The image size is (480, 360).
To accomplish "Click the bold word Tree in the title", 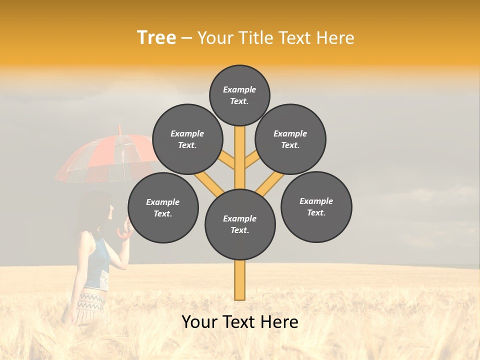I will point(156,37).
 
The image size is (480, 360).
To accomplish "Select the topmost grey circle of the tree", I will point(239,95).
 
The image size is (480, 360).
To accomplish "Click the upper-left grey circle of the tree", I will point(187,139).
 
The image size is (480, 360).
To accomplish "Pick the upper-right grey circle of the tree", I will point(290,139).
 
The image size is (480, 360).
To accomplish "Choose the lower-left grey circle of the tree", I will point(163,207).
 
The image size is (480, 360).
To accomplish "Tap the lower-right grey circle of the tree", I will point(316,206).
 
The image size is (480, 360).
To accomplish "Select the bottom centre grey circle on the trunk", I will point(240,224).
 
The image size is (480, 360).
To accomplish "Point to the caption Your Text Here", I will point(240,322).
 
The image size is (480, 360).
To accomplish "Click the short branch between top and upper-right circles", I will point(251,160).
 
